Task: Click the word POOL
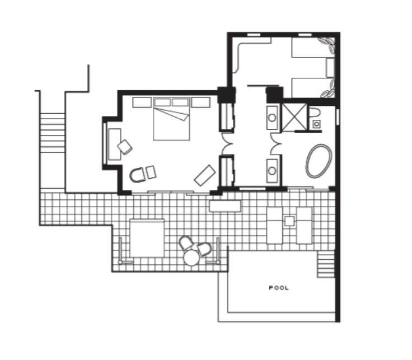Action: (279, 288)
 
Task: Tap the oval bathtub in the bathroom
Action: (319, 161)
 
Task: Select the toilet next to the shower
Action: (315, 113)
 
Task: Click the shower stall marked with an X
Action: (294, 117)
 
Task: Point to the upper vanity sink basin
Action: (272, 118)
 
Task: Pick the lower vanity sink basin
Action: (272, 171)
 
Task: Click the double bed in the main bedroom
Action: (171, 119)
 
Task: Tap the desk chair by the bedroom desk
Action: (125, 147)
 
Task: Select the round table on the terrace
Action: (191, 257)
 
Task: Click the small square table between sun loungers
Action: (289, 221)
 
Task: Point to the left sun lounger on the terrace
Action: (275, 225)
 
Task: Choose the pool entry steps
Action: (326, 264)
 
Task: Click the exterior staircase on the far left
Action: (53, 133)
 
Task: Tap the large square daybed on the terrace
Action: (147, 238)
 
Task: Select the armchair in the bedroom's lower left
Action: (137, 175)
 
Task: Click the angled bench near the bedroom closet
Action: (205, 175)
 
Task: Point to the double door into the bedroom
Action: (227, 144)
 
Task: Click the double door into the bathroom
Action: (276, 144)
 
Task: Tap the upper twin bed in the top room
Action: (313, 48)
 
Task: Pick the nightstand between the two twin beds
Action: (330, 68)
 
